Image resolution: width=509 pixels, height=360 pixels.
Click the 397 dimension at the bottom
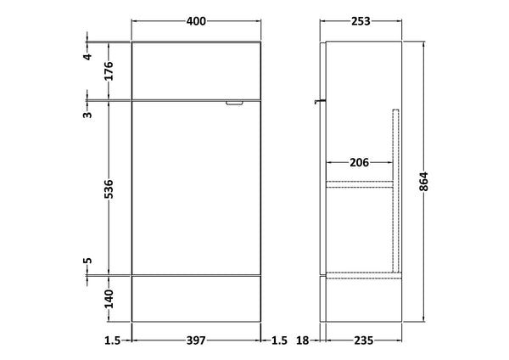click(x=197, y=341)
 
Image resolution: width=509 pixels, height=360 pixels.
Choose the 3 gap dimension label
click(x=87, y=114)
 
